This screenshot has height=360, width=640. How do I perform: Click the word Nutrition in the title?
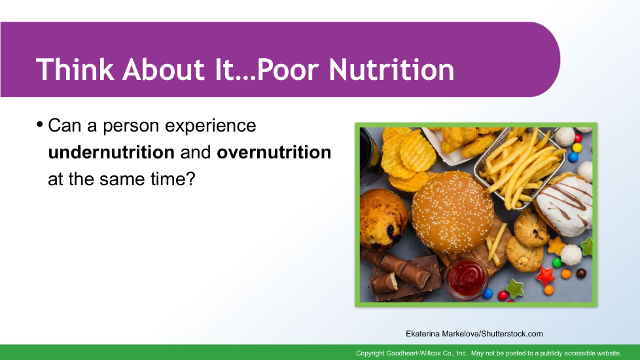tap(391, 69)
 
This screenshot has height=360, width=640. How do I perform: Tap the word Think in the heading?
tap(75, 69)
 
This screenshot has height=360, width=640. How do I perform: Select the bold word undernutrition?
tap(111, 153)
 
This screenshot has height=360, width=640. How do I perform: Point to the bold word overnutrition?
tap(274, 153)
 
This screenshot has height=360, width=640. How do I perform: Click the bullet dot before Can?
tap(40, 124)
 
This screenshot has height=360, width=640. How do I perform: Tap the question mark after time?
tap(191, 179)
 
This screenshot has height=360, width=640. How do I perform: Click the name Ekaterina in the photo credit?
tap(423, 334)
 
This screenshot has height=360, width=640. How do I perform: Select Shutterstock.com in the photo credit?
tap(512, 334)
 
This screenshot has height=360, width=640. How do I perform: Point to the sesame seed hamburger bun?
tap(452, 211)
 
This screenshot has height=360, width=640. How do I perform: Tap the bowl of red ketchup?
tap(466, 278)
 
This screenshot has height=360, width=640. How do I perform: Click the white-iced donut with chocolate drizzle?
tap(565, 205)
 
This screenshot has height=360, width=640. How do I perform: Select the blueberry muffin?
tap(382, 219)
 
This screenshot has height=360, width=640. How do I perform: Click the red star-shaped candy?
tap(545, 276)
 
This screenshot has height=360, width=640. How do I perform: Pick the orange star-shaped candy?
tap(556, 245)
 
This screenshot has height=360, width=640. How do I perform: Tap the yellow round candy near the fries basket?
tap(577, 147)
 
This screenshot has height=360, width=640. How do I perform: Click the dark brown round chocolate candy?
tap(581, 273)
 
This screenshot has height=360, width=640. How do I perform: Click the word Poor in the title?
tap(288, 69)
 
